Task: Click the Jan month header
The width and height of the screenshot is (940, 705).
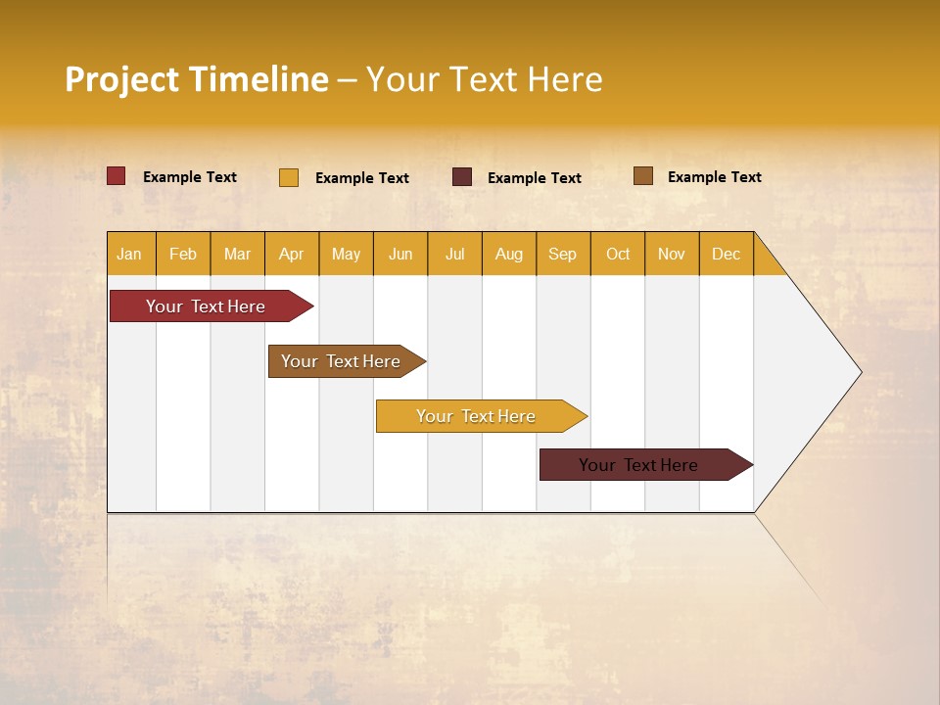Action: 130,254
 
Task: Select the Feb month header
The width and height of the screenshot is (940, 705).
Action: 183,254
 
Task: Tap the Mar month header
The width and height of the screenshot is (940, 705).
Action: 237,254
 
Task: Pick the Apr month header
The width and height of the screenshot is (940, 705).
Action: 292,254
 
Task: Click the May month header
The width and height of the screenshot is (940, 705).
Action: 346,254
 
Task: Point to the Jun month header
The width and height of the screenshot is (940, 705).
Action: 400,254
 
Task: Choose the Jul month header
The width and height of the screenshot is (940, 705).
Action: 454,254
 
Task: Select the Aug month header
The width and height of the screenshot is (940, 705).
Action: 509,254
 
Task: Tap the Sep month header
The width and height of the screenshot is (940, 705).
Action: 563,254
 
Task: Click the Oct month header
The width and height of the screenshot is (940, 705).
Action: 618,254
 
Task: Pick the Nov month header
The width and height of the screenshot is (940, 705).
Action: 672,254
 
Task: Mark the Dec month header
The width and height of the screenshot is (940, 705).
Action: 727,254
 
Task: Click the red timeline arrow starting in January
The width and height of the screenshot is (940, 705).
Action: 207,306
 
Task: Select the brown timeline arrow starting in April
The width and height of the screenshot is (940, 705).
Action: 342,361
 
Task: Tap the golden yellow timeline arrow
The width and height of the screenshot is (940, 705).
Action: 477,416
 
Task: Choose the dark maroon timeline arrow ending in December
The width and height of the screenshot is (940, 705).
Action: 639,465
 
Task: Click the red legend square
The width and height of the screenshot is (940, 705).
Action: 117,176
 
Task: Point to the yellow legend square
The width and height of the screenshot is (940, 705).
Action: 289,177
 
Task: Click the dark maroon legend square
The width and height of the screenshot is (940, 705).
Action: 462,176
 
